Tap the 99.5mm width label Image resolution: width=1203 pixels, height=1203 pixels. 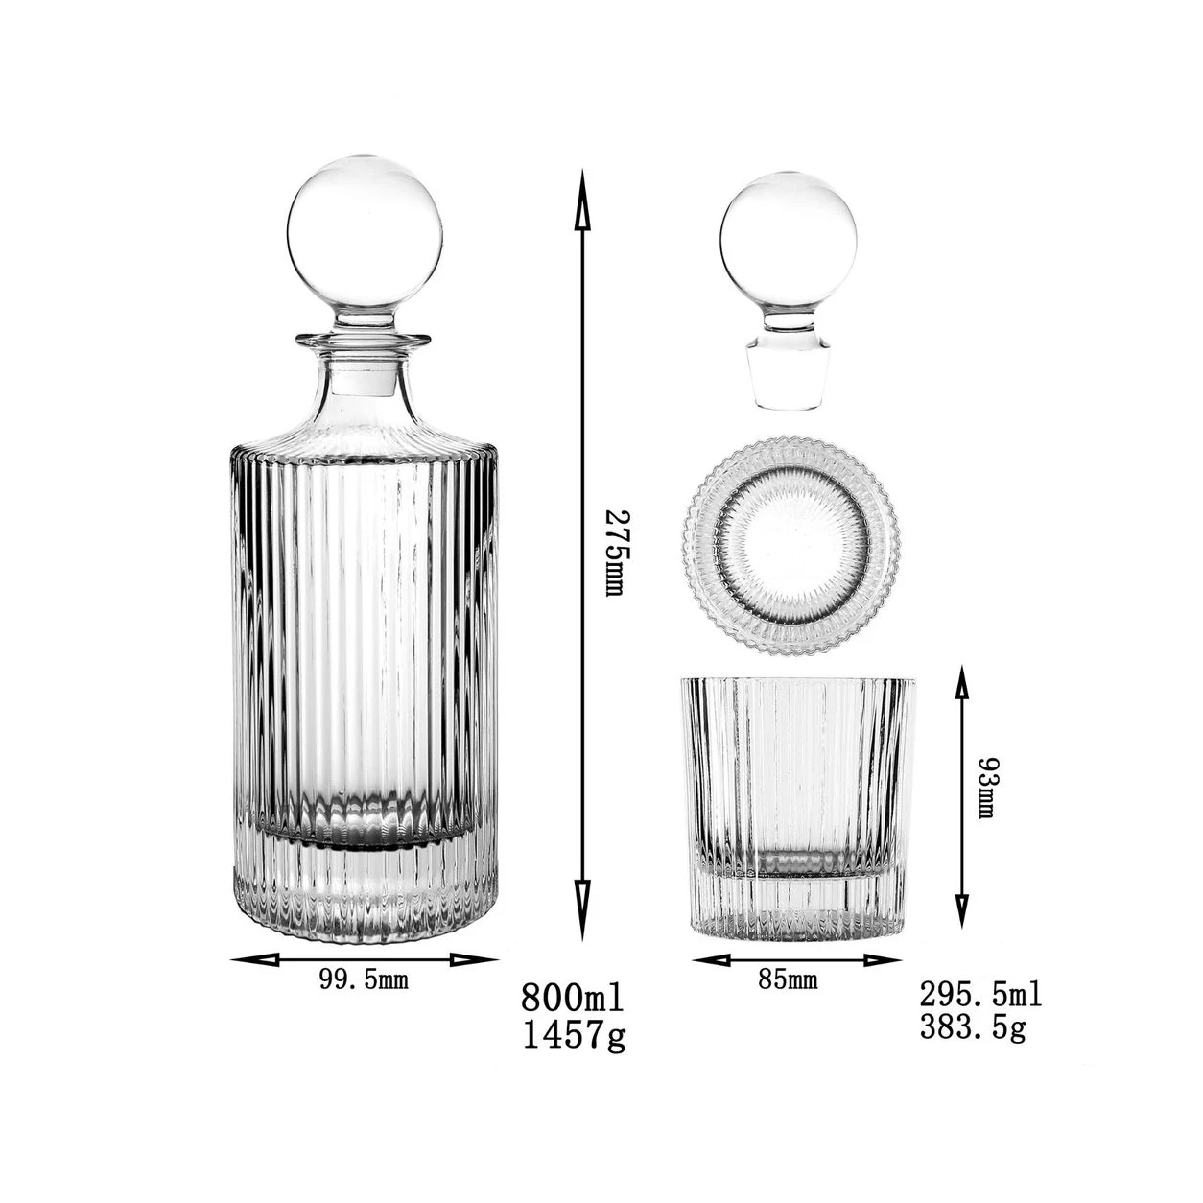[x=364, y=979]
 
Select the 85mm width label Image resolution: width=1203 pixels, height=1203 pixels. [x=788, y=979]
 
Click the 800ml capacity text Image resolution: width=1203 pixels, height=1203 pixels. [x=573, y=998]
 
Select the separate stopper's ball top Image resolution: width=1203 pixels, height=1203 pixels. [x=788, y=239]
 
